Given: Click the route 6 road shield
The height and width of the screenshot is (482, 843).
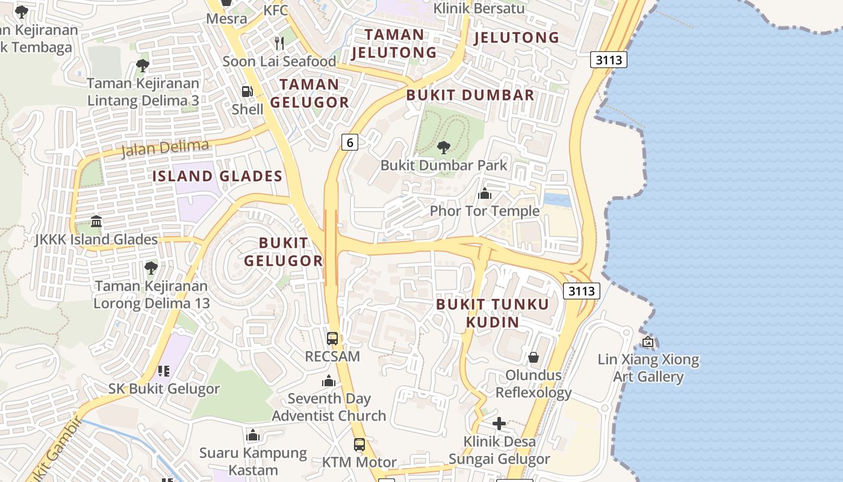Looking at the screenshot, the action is [349, 142].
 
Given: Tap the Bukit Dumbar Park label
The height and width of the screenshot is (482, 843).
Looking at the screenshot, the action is [444, 165].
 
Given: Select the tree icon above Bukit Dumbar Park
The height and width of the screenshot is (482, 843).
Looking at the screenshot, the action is [444, 147].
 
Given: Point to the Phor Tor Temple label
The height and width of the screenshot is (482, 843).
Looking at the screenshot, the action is [484, 211].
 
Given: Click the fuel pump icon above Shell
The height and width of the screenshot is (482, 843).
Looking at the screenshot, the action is [247, 92].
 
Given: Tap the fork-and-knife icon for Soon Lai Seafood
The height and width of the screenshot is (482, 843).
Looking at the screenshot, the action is [279, 43].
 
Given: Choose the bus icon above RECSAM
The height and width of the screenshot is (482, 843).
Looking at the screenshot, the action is [332, 338].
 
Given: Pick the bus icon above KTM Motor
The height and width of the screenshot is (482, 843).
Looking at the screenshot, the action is [359, 445].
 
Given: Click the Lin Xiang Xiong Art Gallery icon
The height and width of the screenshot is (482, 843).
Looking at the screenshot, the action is [648, 342].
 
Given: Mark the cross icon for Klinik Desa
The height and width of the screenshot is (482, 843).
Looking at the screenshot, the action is [499, 424].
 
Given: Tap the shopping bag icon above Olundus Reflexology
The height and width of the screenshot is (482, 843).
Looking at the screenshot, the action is [533, 357].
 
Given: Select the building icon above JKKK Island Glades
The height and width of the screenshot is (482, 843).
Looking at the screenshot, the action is [96, 222].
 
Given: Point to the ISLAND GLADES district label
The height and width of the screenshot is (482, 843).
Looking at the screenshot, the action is [217, 176].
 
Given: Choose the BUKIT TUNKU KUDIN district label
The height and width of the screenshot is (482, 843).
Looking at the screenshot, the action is [493, 313].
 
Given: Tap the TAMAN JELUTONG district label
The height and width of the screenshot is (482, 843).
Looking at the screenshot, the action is [394, 43].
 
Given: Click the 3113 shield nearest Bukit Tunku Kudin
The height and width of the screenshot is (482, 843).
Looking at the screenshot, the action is [582, 291].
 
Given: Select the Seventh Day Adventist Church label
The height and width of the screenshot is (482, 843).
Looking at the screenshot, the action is [329, 407].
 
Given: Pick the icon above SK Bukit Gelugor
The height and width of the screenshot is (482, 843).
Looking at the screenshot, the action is [164, 371].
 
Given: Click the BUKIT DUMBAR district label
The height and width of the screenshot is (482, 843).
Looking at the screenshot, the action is [470, 95].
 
